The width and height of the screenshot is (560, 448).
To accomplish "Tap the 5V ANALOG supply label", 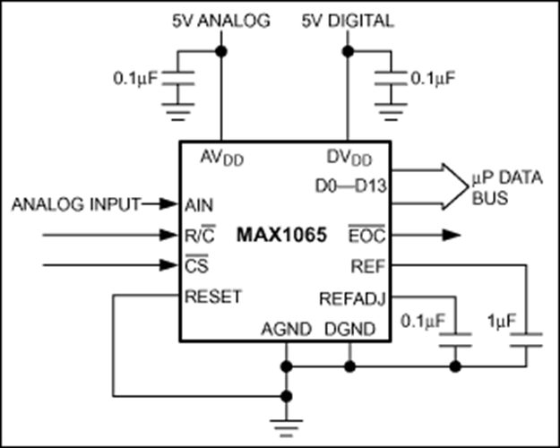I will coord(221,21).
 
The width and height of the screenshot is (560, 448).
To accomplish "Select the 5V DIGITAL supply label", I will coord(347,21).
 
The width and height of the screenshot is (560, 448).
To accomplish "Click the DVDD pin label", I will coord(348,158).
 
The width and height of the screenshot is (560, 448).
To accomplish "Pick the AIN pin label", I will coord(198,204).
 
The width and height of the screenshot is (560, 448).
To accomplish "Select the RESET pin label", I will coord(212,297).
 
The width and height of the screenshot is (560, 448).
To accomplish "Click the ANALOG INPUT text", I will coord(75,204).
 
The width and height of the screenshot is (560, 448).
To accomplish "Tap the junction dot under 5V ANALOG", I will coord(221,50).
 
